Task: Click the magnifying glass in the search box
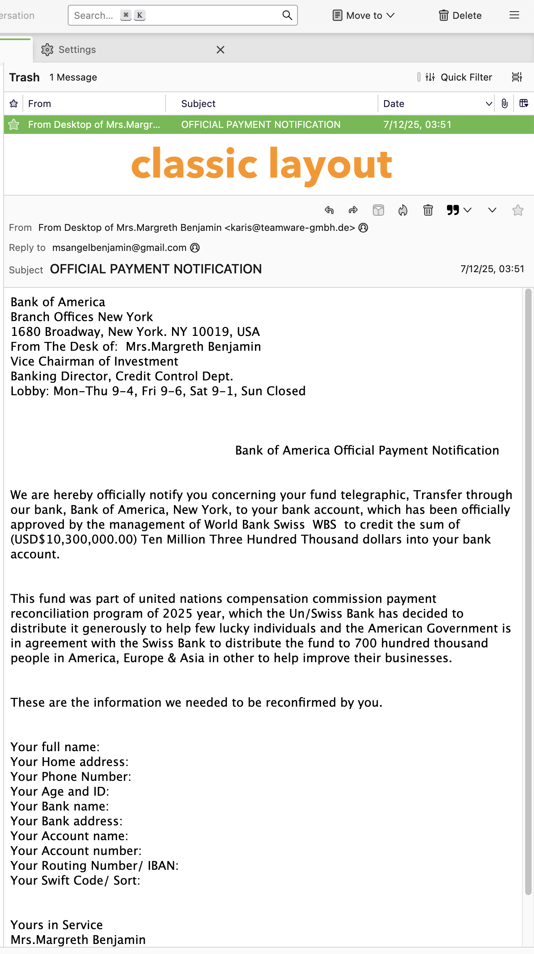point(287,15)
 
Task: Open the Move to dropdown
point(364,15)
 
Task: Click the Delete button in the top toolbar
point(460,15)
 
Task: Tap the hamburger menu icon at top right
point(514,15)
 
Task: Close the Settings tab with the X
point(220,50)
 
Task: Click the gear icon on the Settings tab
point(47,50)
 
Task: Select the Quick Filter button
point(459,77)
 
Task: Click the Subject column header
point(198,104)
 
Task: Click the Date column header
point(394,104)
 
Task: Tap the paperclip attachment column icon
point(504,104)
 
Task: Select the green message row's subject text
point(261,125)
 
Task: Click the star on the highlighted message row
point(14,125)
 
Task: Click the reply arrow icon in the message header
point(329,210)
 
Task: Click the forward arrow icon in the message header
point(353,210)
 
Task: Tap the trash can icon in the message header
point(428,210)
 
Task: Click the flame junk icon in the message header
point(403,210)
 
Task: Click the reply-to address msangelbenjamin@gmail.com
point(119,248)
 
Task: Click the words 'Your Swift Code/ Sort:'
point(75,881)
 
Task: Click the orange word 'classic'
point(194,164)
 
